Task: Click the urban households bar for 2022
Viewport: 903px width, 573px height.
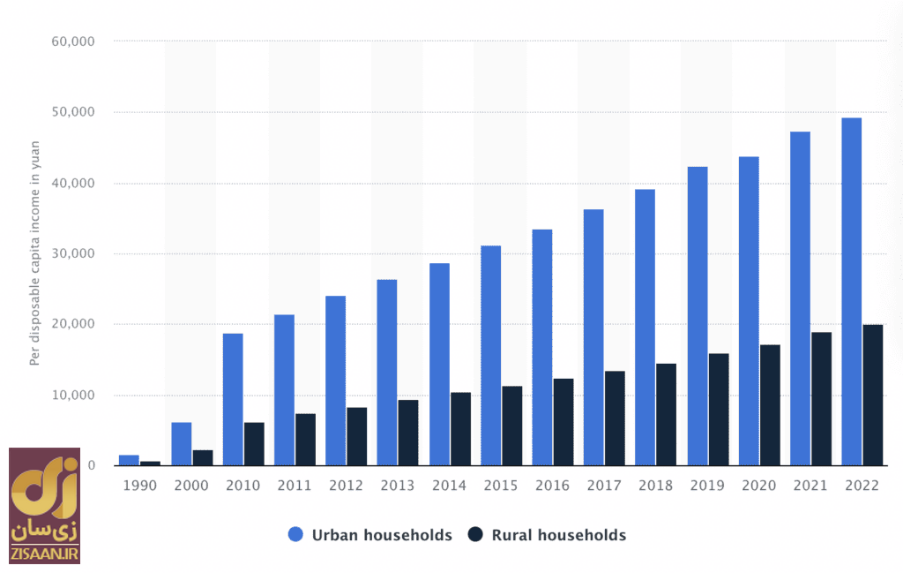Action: click(851, 291)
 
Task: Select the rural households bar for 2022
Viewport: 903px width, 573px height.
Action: click(872, 395)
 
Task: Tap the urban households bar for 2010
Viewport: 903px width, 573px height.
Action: click(233, 399)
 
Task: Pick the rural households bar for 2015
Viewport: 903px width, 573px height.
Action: click(511, 426)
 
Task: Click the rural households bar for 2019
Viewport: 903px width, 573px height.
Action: click(718, 409)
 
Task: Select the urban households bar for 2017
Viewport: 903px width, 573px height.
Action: click(593, 337)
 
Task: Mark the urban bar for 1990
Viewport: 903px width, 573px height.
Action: click(129, 460)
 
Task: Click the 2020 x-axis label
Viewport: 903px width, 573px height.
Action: click(759, 486)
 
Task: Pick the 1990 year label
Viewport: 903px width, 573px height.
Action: click(139, 486)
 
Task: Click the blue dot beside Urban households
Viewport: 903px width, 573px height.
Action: click(295, 534)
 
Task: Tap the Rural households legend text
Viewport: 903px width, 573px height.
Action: click(559, 534)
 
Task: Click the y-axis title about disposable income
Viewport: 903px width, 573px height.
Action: click(35, 253)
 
